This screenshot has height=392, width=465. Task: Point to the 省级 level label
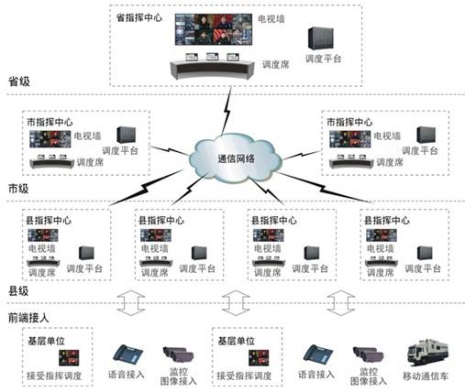[18, 82]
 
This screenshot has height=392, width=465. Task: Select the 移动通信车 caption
[428, 376]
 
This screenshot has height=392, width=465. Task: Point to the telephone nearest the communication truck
[317, 354]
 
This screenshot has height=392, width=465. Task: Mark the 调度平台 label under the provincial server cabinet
[324, 59]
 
